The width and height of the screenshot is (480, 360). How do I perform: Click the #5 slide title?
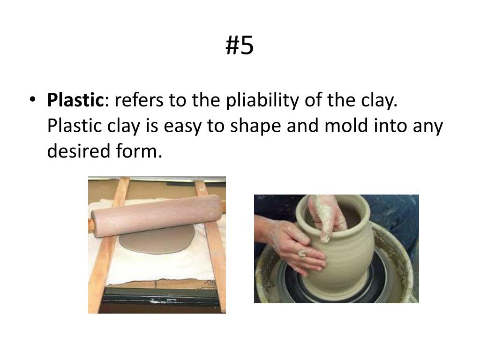point(240,45)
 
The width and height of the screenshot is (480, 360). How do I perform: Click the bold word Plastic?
point(75,100)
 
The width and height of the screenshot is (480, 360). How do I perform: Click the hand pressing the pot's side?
point(300,246)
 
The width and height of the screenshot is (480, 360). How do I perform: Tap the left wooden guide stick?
point(109,244)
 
